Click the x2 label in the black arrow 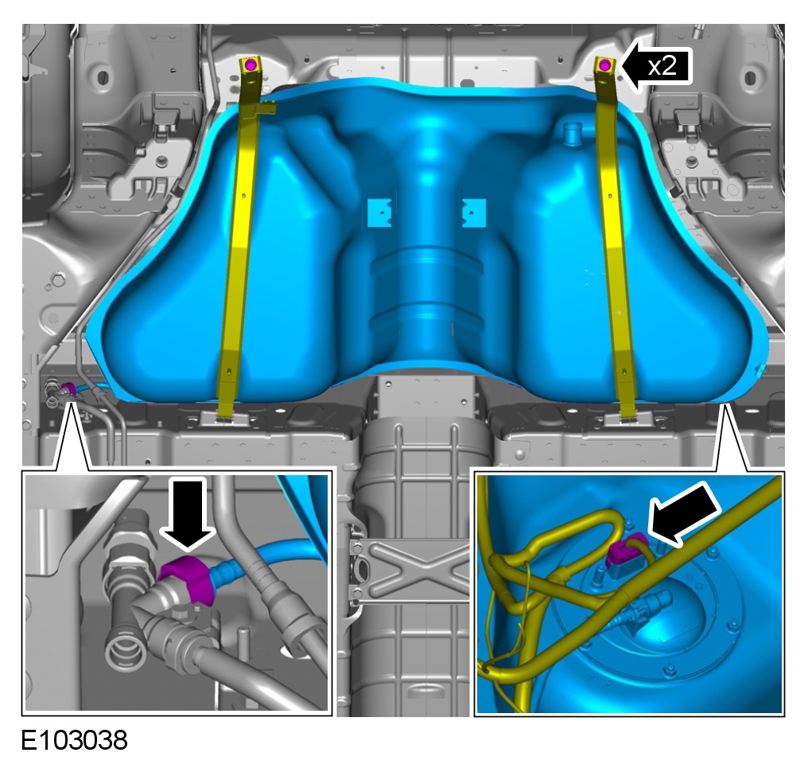point(662,66)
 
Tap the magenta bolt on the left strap point(251,64)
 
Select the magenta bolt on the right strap point(604,65)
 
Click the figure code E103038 point(74,740)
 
